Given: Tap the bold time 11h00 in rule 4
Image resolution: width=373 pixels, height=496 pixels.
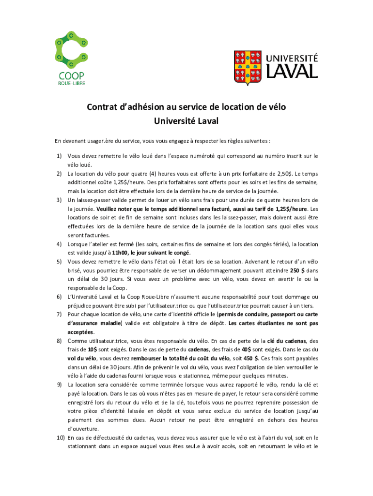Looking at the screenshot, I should (x=121, y=253).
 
